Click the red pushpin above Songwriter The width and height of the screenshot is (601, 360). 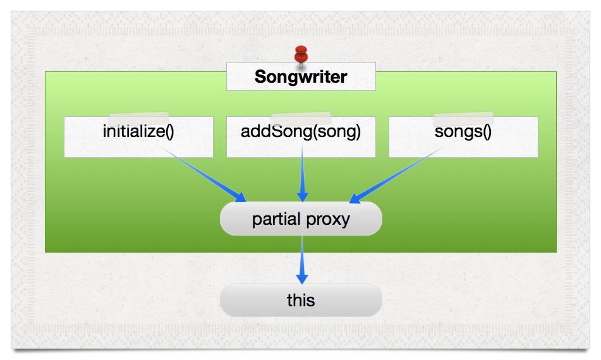(301, 54)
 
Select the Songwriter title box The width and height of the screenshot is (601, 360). (301, 76)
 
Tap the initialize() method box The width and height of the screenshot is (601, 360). (138, 136)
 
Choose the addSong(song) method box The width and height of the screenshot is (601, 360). (301, 136)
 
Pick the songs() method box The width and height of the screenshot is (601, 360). (463, 136)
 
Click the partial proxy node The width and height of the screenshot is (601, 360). (301, 219)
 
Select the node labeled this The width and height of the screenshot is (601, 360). (301, 300)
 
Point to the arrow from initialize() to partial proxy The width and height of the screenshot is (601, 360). (202, 174)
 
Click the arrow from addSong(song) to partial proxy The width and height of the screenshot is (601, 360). (302, 174)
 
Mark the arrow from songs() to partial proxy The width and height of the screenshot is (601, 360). (398, 174)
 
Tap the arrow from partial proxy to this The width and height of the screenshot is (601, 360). (302, 256)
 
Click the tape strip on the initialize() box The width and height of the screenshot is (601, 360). (138, 117)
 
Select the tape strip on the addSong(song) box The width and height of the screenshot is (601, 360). (301, 117)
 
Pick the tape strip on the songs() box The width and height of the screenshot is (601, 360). (463, 117)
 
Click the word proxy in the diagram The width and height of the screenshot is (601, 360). (328, 220)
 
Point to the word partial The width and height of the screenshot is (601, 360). (277, 219)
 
